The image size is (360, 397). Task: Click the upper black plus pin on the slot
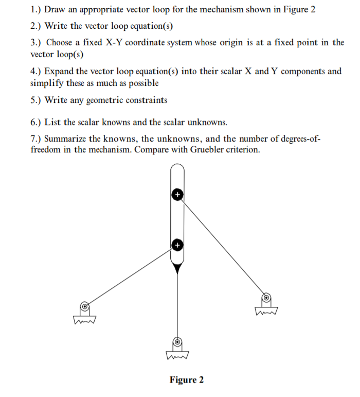coord(177,195)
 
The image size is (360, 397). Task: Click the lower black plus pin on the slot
coord(177,245)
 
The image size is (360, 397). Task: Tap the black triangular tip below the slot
coord(177,268)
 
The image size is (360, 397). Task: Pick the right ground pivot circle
coord(266,297)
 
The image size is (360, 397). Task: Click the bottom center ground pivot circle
coord(177,341)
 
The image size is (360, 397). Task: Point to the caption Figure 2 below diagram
coord(187,380)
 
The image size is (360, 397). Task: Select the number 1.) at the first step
coord(37,10)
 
